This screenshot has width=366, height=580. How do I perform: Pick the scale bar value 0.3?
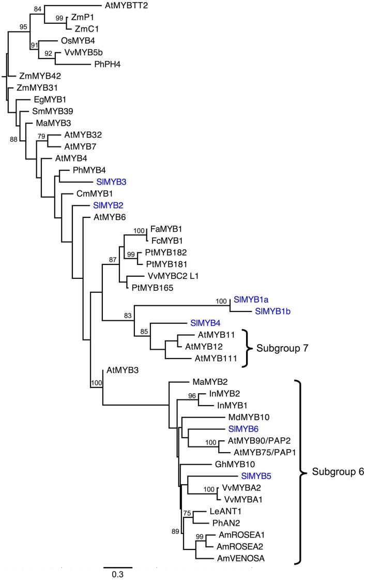pyautogui.click(x=117, y=574)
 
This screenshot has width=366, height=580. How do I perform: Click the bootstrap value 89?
pyautogui.click(x=177, y=531)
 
